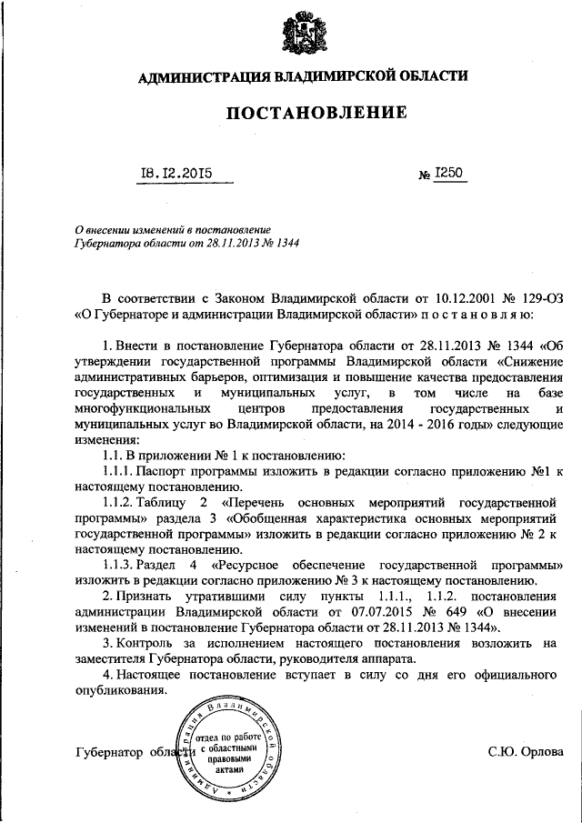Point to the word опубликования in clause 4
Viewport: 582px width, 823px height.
point(122,691)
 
